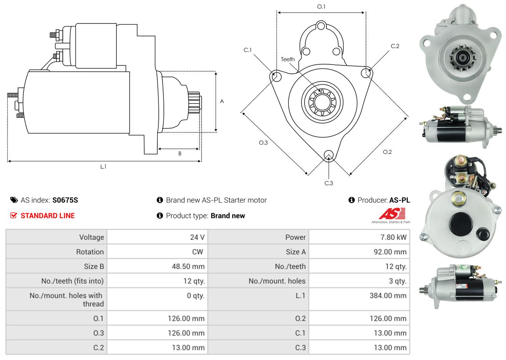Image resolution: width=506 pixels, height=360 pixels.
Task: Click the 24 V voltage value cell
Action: [197, 237]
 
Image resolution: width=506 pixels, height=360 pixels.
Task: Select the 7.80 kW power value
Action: [393, 237]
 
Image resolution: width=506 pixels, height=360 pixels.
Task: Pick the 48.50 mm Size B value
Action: [188, 267]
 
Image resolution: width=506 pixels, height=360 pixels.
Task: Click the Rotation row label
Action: [90, 252]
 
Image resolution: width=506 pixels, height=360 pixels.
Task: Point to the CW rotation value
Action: [197, 252]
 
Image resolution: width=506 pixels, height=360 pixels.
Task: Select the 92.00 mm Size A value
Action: [388, 252]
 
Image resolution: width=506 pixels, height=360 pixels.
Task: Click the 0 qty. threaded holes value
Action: [196, 296]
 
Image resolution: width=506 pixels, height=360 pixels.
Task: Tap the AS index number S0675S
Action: [65, 200]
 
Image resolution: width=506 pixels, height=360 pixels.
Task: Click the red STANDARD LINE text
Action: [48, 216]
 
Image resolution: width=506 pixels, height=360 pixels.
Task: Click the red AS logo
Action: [392, 213]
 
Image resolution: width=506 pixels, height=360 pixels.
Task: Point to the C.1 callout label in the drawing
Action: [248, 50]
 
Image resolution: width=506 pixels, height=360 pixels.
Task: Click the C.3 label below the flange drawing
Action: [329, 183]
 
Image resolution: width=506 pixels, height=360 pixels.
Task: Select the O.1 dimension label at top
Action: [321, 7]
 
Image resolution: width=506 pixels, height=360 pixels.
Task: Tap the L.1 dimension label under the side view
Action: [103, 167]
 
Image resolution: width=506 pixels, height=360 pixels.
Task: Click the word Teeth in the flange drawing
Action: [288, 59]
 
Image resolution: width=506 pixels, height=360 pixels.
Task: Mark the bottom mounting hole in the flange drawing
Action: [329, 155]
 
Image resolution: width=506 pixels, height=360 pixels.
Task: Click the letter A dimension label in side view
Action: [222, 102]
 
